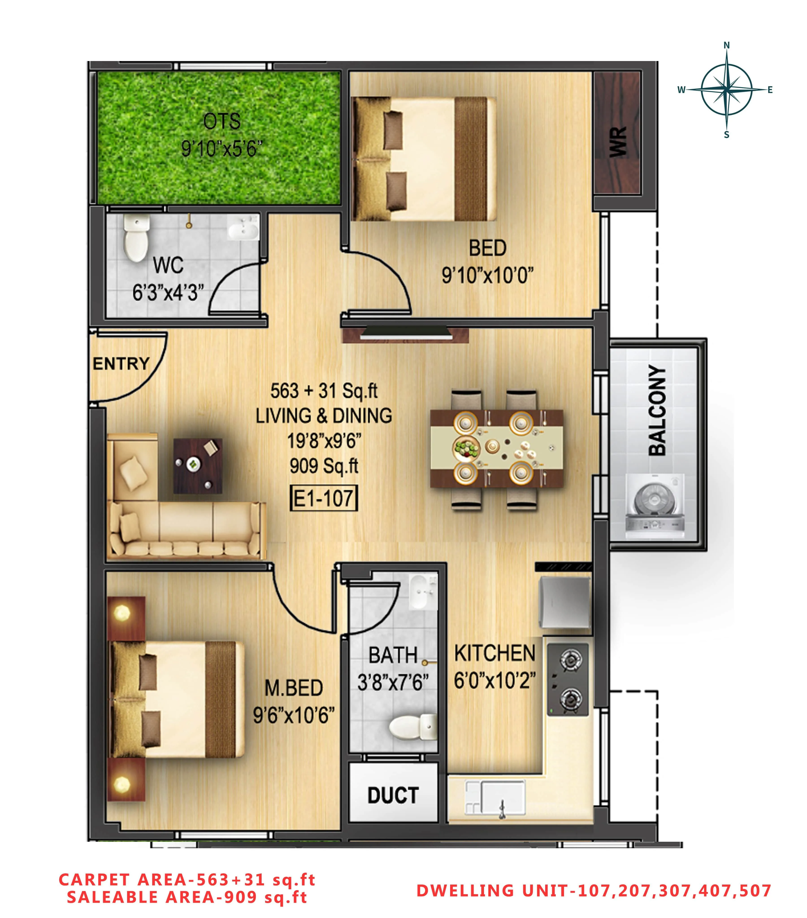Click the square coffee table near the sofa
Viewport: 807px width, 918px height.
(198, 466)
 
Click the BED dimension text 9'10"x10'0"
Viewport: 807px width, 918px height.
(487, 275)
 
